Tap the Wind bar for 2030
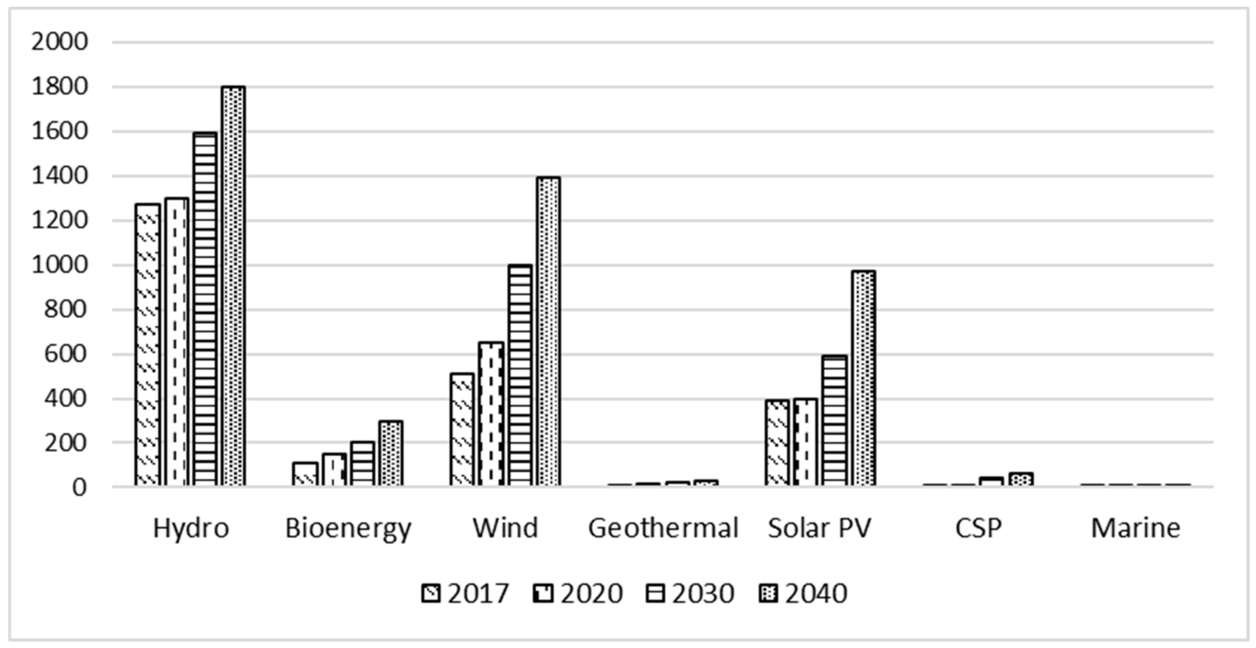click(520, 375)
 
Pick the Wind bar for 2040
click(548, 331)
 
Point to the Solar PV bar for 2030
click(834, 420)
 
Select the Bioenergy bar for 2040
click(391, 453)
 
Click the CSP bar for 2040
click(1021, 479)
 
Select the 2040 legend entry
click(803, 593)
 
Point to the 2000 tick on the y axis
click(59, 42)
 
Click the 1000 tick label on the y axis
click(59, 266)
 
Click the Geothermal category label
click(663, 528)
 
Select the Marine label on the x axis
click(1135, 528)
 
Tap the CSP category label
click(978, 528)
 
